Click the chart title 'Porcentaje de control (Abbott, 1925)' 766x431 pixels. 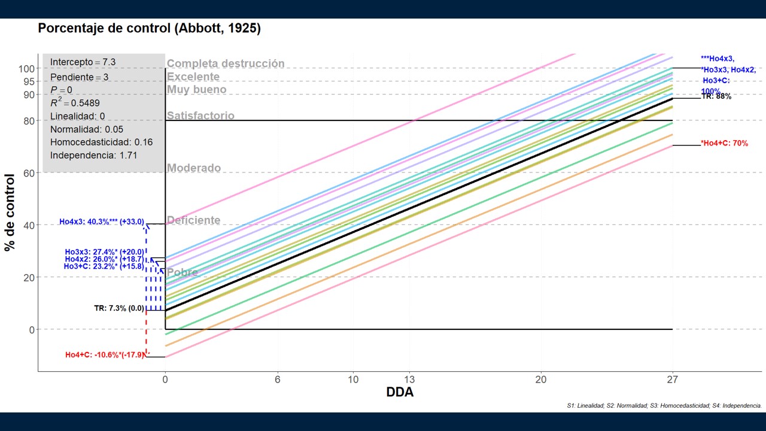149,29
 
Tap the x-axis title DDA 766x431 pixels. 400,393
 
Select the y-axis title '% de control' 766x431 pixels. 10,213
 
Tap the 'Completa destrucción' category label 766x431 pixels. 226,63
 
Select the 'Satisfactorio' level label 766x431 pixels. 200,116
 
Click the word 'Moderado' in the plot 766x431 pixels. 193,168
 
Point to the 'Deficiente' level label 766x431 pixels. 193,220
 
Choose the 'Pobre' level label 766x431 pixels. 182,273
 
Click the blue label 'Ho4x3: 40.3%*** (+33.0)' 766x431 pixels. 101,222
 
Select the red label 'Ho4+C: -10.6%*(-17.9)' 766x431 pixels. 105,355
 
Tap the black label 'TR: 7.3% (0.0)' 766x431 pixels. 119,309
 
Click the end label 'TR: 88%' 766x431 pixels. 716,96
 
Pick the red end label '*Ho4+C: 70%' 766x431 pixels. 724,144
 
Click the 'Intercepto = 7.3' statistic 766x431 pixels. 83,62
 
